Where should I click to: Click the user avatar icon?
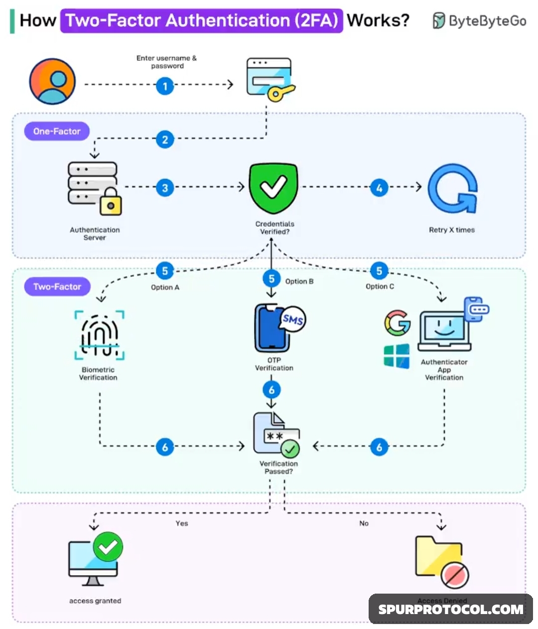click(x=52, y=81)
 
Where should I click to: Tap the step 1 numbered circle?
click(x=165, y=86)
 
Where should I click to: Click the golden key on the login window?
click(x=278, y=93)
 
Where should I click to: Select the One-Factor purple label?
click(x=57, y=131)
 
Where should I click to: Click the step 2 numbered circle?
click(x=165, y=139)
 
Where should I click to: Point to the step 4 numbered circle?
click(x=379, y=188)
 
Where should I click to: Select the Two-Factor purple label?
click(x=57, y=287)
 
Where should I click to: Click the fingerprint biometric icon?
click(x=99, y=335)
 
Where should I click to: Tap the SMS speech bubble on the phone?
click(x=293, y=319)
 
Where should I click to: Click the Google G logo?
click(x=397, y=323)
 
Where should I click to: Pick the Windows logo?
click(x=397, y=356)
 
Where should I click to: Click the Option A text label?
click(x=165, y=288)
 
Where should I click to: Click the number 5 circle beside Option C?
click(x=379, y=271)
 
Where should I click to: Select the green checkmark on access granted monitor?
click(x=108, y=547)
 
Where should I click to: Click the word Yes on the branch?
click(x=182, y=523)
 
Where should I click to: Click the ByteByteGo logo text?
click(x=487, y=21)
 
